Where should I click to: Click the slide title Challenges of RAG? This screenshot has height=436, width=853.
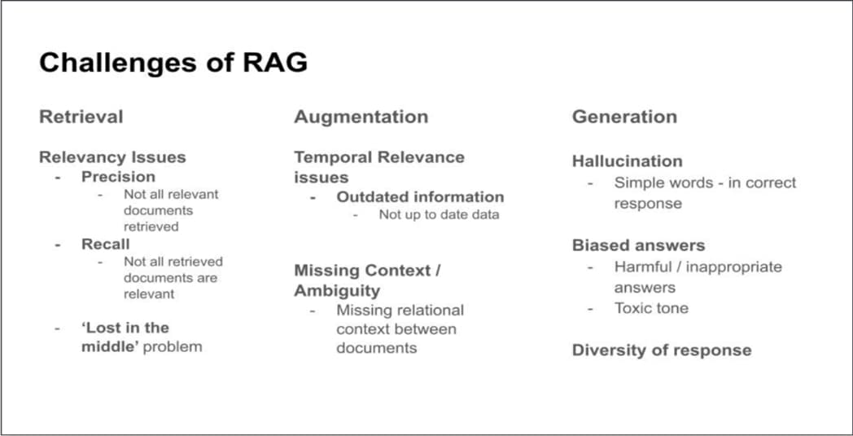click(173, 63)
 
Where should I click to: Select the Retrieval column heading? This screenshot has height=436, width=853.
click(81, 117)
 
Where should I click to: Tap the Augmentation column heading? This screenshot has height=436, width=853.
click(361, 117)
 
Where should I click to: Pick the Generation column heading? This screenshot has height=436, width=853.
click(624, 117)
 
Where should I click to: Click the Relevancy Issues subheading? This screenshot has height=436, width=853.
click(112, 157)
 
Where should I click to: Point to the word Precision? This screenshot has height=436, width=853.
click(118, 177)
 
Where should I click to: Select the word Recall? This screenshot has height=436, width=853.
click(105, 244)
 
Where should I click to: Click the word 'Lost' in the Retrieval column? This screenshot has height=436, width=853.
click(102, 328)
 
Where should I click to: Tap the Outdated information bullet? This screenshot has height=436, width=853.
click(420, 196)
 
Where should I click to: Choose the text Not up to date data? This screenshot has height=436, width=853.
click(439, 214)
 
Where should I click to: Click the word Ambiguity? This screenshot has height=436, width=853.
click(337, 290)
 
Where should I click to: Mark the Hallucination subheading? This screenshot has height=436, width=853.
click(627, 161)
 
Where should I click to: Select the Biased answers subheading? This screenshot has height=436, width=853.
click(638, 245)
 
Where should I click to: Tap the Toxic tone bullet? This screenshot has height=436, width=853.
click(651, 308)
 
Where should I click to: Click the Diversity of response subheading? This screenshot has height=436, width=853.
click(661, 350)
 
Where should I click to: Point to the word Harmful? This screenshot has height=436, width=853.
click(642, 266)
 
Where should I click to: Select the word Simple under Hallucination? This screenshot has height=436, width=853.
click(639, 183)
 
